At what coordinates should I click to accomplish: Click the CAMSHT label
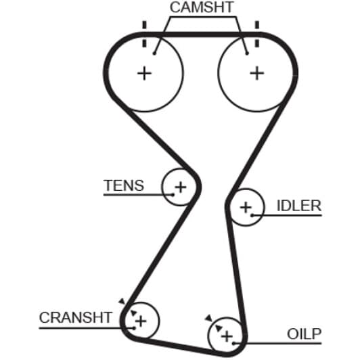coord(202,7)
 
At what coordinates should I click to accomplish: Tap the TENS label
coord(124,185)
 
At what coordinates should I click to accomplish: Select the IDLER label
coord(299,206)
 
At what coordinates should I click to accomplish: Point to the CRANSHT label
coord(76,317)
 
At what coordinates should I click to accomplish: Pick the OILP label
coord(304,334)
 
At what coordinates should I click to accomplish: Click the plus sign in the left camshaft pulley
coord(144,74)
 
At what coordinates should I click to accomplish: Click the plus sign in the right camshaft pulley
coord(257,74)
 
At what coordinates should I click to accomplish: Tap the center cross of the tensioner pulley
coord(181,187)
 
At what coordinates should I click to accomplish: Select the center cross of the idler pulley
coord(246,208)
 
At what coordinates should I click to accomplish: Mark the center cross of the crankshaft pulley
coord(141,321)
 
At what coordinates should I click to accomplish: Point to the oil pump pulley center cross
coord(227,336)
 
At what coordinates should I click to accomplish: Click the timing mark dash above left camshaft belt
coord(144,25)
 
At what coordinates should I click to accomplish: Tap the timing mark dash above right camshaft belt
coord(257,25)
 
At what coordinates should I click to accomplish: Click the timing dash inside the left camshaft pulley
coord(144,43)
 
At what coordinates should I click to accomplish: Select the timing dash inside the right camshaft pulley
coord(257,43)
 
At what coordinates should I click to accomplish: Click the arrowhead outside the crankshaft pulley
coord(122,301)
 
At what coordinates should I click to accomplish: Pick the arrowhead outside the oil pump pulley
coord(208,318)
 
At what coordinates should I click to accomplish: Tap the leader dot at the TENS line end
coord(173,195)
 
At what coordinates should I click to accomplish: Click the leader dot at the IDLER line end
coord(252,215)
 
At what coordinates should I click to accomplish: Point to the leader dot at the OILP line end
coord(233,344)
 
